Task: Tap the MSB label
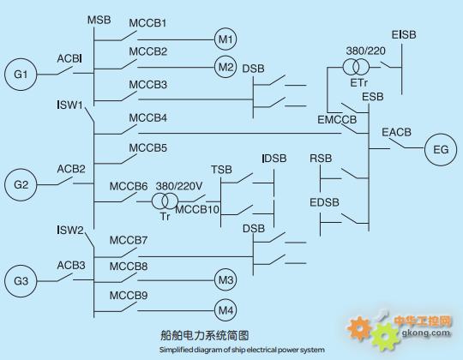click(x=99, y=20)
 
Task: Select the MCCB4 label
click(x=148, y=118)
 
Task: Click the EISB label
click(x=404, y=35)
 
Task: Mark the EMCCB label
click(x=337, y=120)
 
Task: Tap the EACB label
click(x=397, y=132)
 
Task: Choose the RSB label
click(x=321, y=159)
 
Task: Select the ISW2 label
click(x=70, y=231)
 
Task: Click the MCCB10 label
click(x=197, y=209)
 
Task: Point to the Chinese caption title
click(x=205, y=335)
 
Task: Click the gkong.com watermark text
click(x=426, y=333)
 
